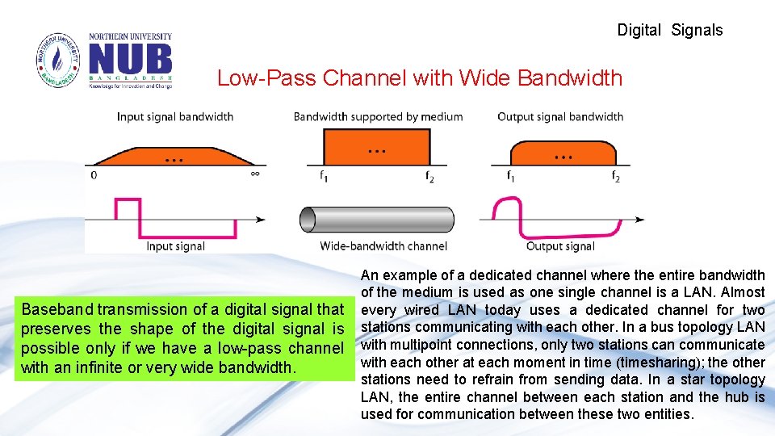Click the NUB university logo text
point(130,60)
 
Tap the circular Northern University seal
point(58,61)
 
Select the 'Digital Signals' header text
point(669,31)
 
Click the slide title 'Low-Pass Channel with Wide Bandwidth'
point(420,78)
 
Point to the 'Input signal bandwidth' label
point(175,117)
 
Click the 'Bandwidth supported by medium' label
point(378,117)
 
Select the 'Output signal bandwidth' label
point(560,117)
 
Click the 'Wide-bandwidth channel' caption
point(383,246)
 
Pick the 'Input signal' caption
point(175,246)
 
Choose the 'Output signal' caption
point(560,246)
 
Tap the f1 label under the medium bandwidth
point(323,176)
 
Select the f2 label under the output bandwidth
point(615,176)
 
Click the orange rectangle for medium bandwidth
point(377,149)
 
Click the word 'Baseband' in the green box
point(54,310)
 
